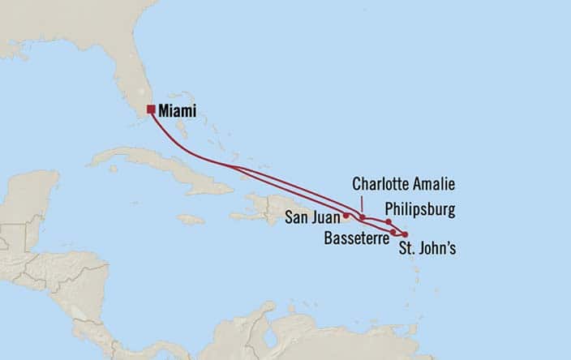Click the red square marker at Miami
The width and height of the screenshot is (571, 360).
pos(151,109)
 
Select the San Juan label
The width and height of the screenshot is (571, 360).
pos(312,216)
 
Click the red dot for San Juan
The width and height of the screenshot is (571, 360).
pos(346,216)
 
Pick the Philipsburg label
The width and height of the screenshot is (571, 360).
pos(420,208)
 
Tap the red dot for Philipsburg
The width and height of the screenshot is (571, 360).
pos(389,222)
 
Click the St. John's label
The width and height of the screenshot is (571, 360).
pos(428,249)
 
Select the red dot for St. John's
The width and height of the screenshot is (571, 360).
pos(405,235)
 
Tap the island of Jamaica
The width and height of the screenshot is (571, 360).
pos(191,219)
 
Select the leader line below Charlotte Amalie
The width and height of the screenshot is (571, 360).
pos(362,204)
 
